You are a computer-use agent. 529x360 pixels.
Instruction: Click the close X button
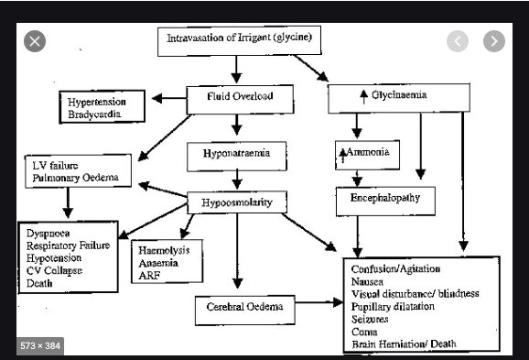[35, 41]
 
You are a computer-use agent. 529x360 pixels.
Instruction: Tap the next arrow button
[494, 41]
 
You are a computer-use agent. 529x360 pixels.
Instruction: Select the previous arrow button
[457, 41]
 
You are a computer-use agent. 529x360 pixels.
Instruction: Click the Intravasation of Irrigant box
[239, 41]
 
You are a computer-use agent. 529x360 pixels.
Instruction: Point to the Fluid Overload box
[240, 99]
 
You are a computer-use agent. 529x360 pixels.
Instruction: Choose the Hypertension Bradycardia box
[103, 106]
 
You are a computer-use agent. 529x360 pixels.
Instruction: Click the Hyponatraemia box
[236, 157]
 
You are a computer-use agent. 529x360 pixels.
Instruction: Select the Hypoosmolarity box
[237, 202]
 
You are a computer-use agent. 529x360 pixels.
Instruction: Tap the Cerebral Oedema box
[245, 310]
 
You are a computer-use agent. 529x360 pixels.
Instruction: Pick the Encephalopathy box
[385, 201]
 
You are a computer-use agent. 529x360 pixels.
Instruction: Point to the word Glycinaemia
[399, 94]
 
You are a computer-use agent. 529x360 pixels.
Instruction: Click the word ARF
[149, 276]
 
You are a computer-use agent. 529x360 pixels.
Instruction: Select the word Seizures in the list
[370, 319]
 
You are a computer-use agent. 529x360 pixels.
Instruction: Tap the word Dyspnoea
[49, 234]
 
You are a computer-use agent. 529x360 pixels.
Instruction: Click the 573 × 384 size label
[40, 346]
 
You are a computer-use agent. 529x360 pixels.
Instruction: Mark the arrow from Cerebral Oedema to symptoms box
[319, 302]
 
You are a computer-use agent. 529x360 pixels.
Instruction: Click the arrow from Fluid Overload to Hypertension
[169, 99]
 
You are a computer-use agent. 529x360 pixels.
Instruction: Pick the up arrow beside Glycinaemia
[363, 97]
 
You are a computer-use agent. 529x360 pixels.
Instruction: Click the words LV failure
[55, 166]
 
